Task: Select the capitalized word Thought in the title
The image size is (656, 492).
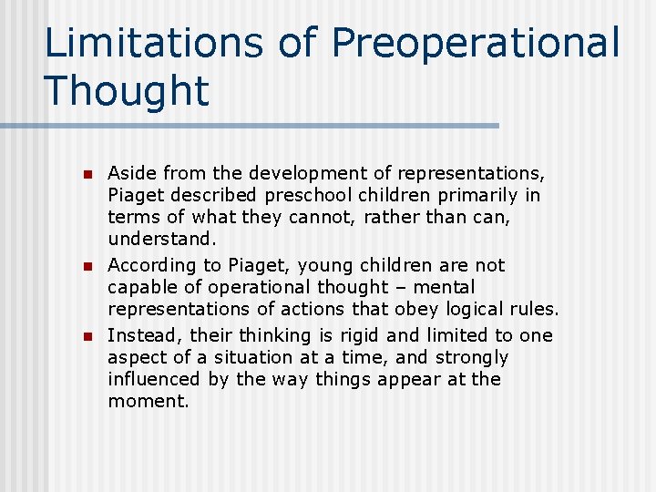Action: tap(126, 90)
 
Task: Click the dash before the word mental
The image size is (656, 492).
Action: tap(404, 288)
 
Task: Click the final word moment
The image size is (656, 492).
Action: tap(148, 402)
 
